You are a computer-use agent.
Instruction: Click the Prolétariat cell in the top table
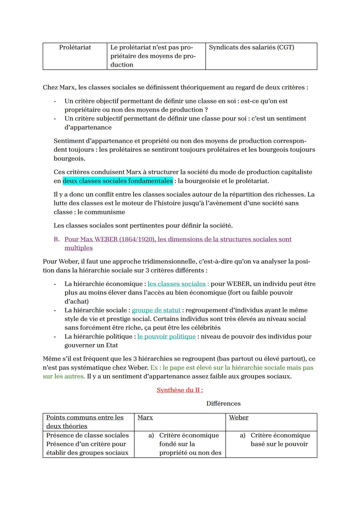click(75, 48)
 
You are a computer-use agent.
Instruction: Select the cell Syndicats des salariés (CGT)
click(251, 48)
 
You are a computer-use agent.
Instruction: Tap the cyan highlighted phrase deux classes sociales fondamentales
click(118, 181)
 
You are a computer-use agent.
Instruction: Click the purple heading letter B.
click(56, 239)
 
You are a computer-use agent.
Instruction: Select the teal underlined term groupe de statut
click(156, 310)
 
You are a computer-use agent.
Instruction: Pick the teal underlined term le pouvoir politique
click(166, 337)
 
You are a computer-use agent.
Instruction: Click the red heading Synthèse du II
click(180, 390)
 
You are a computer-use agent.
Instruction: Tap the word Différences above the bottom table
click(223, 404)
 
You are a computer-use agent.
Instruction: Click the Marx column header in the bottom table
click(145, 418)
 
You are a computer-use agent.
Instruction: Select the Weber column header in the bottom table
click(239, 418)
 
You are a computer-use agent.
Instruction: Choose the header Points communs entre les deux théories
click(85, 422)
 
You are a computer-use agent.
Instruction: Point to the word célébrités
click(204, 328)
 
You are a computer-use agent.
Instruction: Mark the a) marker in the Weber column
click(243, 436)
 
